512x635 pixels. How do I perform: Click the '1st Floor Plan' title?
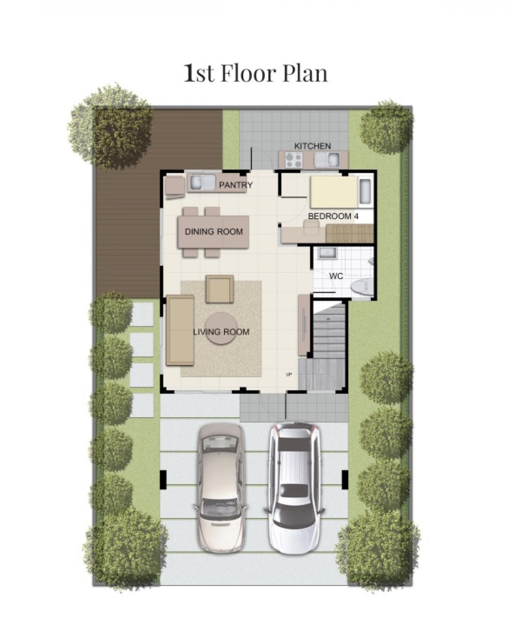pyautogui.click(x=256, y=74)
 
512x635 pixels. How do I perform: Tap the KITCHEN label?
pyautogui.click(x=313, y=146)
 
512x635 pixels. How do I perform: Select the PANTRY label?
pyautogui.click(x=236, y=185)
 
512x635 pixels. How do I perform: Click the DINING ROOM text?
pyautogui.click(x=213, y=231)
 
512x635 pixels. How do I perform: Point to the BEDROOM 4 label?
pyautogui.click(x=333, y=216)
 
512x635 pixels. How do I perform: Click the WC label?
pyautogui.click(x=336, y=276)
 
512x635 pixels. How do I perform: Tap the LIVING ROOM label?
pyautogui.click(x=221, y=332)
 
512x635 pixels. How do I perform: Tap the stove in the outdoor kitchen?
pyautogui.click(x=294, y=160)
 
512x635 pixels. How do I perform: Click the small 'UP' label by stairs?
pyautogui.click(x=289, y=375)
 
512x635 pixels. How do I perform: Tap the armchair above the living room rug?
pyautogui.click(x=220, y=289)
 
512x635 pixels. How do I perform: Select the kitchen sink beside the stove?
pyautogui.click(x=327, y=160)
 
